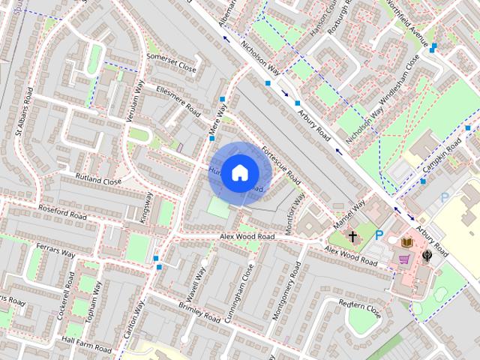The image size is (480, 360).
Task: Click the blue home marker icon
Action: [x=238, y=173]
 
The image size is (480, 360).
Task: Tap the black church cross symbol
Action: [x=352, y=237]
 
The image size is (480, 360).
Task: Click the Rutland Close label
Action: [x=98, y=180]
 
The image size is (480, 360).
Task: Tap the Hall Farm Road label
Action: [x=87, y=344]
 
